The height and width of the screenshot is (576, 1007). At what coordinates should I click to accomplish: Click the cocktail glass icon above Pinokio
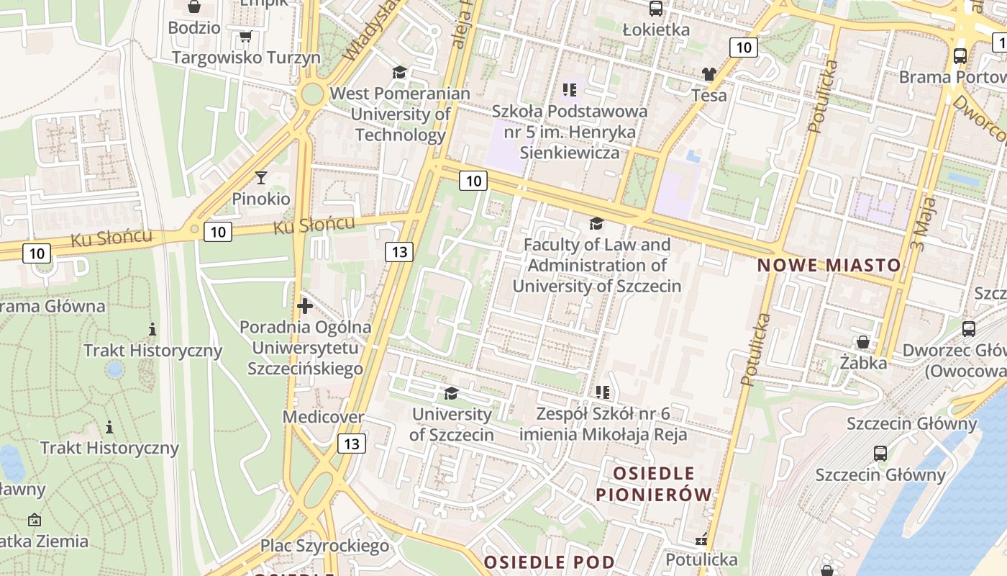(x=260, y=177)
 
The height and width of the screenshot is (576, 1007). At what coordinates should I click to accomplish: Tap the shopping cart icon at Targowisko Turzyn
(x=245, y=36)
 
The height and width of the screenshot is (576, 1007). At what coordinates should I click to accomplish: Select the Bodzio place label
(x=194, y=28)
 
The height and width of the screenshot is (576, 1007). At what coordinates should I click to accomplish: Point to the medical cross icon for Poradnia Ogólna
(x=305, y=306)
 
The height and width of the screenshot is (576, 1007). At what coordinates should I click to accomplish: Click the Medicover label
(x=323, y=417)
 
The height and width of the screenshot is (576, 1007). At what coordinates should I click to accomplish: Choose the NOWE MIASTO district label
(x=829, y=265)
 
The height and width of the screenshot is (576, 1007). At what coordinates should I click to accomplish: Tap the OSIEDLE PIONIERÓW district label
(x=653, y=484)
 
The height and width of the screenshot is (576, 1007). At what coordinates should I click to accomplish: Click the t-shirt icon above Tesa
(x=709, y=73)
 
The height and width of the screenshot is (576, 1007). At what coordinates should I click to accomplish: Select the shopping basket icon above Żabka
(x=862, y=342)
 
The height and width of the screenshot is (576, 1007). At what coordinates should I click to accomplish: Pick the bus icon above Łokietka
(x=656, y=9)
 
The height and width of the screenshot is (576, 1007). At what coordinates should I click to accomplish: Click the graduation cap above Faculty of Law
(x=596, y=223)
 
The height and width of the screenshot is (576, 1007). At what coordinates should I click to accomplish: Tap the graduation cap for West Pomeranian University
(x=399, y=72)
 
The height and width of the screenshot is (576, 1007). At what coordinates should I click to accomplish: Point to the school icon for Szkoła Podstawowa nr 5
(x=570, y=90)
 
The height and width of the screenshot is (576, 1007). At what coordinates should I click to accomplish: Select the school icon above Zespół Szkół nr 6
(x=603, y=392)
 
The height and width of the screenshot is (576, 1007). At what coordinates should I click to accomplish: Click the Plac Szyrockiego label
(x=324, y=546)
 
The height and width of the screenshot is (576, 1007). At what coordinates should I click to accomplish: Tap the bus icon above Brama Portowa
(x=960, y=55)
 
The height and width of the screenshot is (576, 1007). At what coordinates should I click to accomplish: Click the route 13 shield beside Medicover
(x=352, y=444)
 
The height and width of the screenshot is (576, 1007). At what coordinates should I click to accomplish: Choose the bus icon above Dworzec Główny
(x=969, y=329)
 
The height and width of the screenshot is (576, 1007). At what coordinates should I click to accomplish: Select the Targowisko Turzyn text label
(x=246, y=58)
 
